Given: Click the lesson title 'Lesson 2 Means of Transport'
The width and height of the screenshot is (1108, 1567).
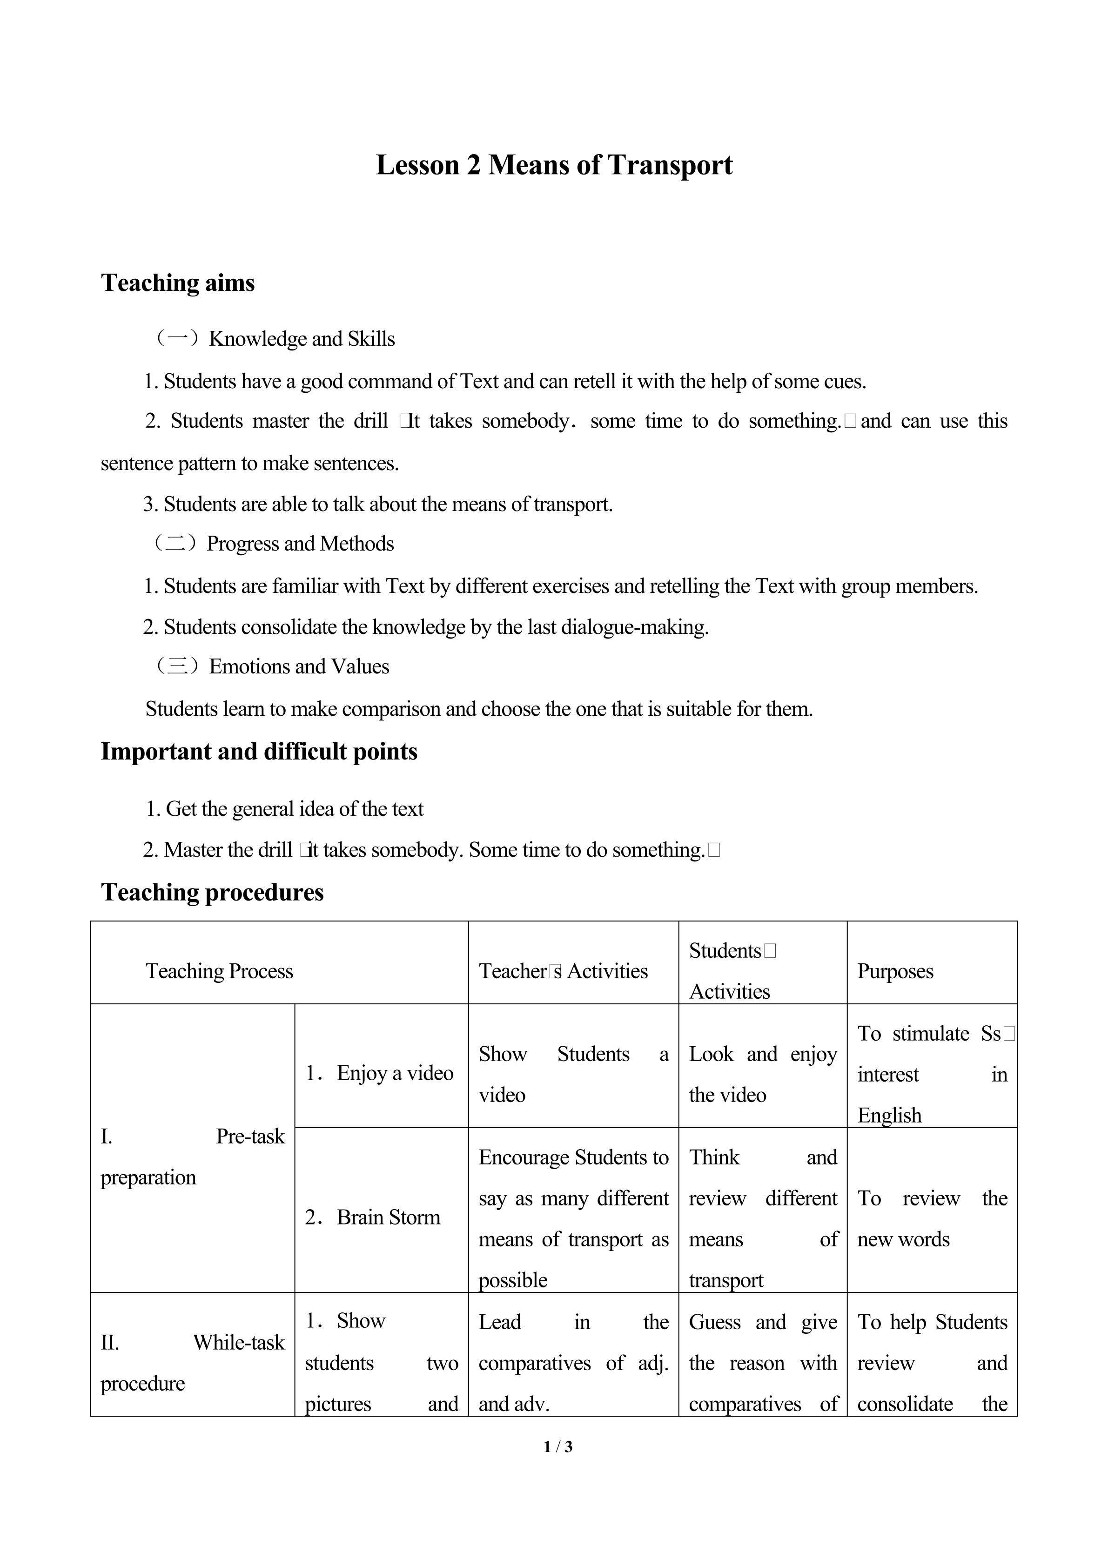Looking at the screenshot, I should coord(554,165).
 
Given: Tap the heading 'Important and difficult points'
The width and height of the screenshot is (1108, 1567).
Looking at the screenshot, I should coord(259,752).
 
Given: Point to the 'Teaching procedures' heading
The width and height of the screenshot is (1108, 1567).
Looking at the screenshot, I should coord(212,892).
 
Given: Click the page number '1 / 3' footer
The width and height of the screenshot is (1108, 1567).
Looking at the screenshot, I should coord(558,1446).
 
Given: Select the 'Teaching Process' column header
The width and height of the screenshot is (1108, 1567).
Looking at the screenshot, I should coord(219,971).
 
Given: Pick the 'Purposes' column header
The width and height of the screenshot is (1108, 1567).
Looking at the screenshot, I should coord(895,971).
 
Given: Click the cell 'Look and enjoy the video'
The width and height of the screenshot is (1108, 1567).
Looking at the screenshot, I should coord(762,1074).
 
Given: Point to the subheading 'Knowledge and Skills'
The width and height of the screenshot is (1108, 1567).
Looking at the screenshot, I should coord(302,339).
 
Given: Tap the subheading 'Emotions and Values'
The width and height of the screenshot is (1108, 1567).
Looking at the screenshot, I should coord(299,667).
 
